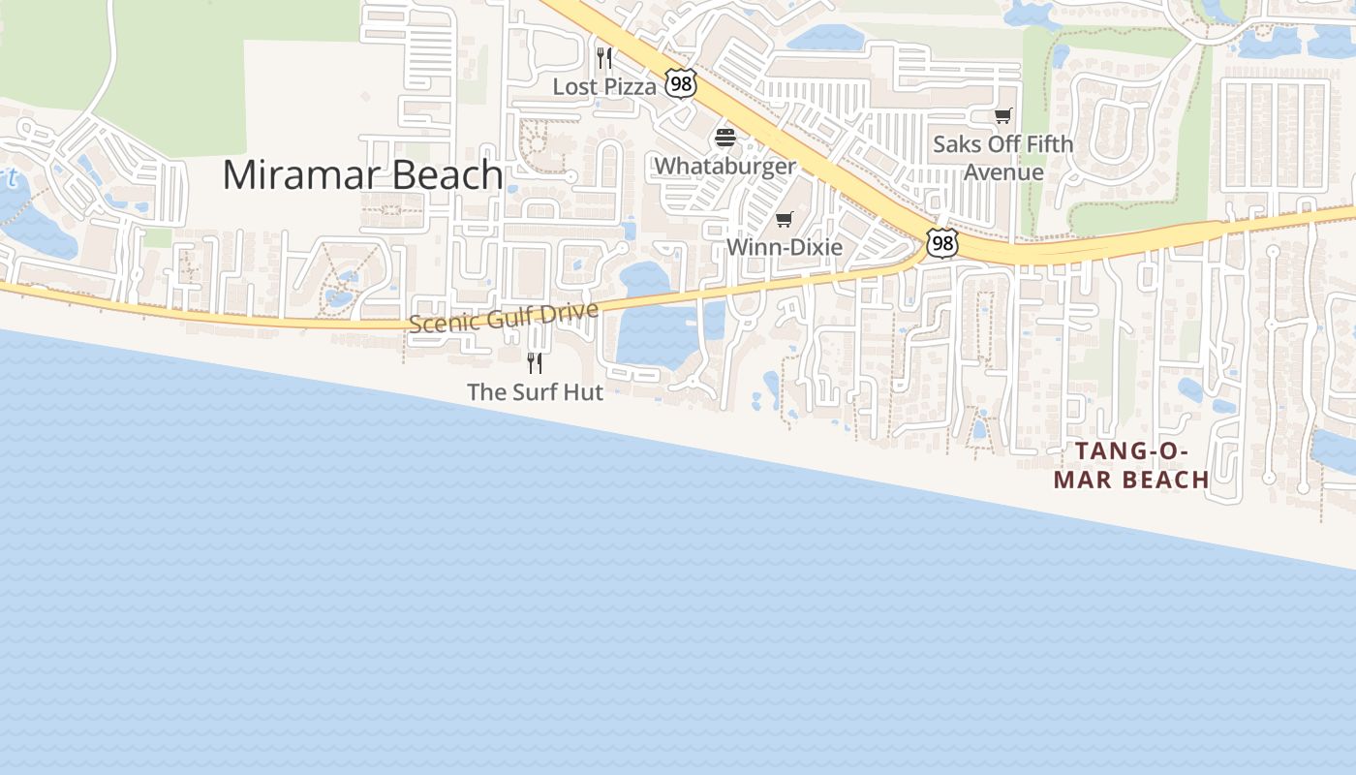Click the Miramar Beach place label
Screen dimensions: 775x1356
pyautogui.click(x=362, y=174)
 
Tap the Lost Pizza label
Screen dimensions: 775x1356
pyautogui.click(x=604, y=86)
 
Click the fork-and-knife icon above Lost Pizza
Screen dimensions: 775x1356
pyautogui.click(x=604, y=58)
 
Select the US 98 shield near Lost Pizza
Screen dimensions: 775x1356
pyautogui.click(x=681, y=84)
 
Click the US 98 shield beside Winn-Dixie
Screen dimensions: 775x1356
pyautogui.click(x=941, y=243)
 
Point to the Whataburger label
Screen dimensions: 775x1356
pyautogui.click(x=724, y=166)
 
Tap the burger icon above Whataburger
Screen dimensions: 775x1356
pyautogui.click(x=725, y=138)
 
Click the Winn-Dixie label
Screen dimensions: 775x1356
pyautogui.click(x=785, y=247)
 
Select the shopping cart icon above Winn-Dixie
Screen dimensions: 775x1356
pyautogui.click(x=785, y=219)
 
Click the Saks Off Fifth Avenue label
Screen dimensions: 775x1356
pyautogui.click(x=1003, y=158)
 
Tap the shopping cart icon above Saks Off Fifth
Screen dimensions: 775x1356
pyautogui.click(x=1003, y=116)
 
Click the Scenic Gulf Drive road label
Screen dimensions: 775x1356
pyautogui.click(x=503, y=318)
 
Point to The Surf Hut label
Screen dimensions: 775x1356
pyautogui.click(x=535, y=392)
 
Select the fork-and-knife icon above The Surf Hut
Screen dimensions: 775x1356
pyautogui.click(x=535, y=363)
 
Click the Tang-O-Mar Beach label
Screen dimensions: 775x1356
pyautogui.click(x=1131, y=465)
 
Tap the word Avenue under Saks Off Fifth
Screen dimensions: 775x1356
pyautogui.click(x=1003, y=172)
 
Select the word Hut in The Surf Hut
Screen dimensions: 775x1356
pyautogui.click(x=583, y=392)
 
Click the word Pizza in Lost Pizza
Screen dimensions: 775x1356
pyautogui.click(x=631, y=86)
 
